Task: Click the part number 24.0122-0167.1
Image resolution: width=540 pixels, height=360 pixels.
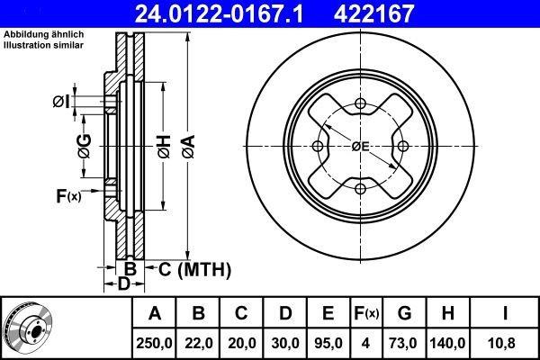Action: [219, 13]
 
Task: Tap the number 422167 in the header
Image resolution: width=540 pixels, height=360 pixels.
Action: [373, 13]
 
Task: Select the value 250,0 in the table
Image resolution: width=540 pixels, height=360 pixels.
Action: [154, 343]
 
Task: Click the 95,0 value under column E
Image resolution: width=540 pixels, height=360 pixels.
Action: [328, 343]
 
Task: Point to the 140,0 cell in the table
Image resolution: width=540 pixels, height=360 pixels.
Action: [447, 343]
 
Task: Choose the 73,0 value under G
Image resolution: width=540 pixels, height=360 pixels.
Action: [402, 343]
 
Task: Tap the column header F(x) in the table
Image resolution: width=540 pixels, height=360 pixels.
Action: [366, 313]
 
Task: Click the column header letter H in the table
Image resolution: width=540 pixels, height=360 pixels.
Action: [447, 313]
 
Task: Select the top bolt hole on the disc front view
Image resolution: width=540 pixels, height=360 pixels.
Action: [360, 103]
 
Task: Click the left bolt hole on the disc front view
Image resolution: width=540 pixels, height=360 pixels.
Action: [318, 146]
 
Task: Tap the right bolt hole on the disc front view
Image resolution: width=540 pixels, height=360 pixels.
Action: [403, 146]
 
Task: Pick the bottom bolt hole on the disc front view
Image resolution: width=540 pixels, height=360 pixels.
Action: [360, 189]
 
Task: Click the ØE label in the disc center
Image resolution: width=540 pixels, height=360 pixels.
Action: [360, 147]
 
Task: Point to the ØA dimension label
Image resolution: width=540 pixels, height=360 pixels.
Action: [189, 147]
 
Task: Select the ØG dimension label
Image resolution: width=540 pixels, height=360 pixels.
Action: [85, 146]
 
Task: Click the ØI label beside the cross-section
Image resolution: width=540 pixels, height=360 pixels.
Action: [61, 102]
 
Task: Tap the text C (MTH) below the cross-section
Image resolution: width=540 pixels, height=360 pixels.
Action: [194, 269]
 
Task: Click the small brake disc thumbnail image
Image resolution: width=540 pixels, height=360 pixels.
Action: [29, 328]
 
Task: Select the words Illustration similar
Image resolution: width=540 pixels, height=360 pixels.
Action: [44, 45]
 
